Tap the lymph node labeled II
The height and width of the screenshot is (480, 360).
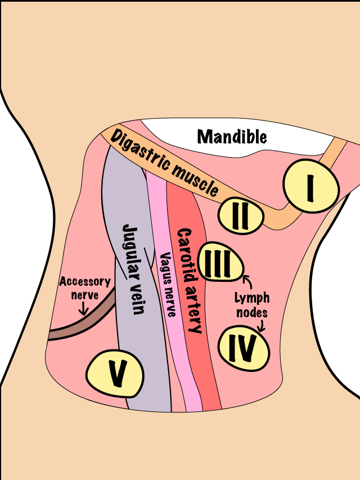pyautogui.click(x=241, y=216)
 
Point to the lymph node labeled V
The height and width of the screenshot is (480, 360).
pyautogui.click(x=115, y=372)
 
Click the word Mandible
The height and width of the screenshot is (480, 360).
pyautogui.click(x=232, y=136)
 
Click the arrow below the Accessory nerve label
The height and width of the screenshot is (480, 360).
pyautogui.click(x=83, y=308)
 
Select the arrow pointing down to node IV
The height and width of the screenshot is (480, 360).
pyautogui.click(x=261, y=325)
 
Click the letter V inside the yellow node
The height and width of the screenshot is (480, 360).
pyautogui.click(x=116, y=373)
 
